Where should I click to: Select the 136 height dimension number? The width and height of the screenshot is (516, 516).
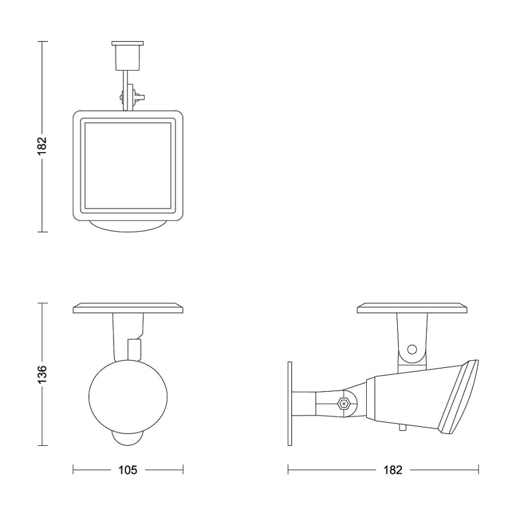coord(41,374)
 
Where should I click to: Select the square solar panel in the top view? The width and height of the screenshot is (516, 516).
coord(128,166)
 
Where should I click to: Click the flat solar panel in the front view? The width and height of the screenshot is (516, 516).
coord(128,309)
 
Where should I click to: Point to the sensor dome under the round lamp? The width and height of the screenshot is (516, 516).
coord(128,439)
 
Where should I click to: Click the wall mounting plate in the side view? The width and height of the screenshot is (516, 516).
coord(290,404)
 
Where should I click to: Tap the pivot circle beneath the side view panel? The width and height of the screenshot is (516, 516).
coord(411,350)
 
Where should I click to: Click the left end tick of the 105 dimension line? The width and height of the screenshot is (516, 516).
coord(73,470)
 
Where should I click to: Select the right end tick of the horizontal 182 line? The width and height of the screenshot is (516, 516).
coord(478,470)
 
